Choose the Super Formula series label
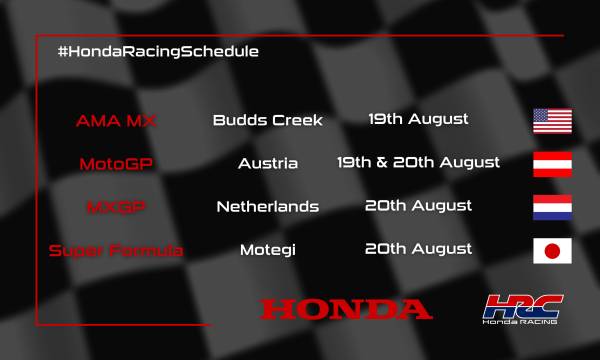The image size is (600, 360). pos(130,250)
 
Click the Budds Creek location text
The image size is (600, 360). pos(268,121)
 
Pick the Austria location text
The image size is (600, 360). pos(268,163)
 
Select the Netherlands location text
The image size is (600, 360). pos(268,207)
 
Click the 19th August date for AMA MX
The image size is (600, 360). pos(418,120)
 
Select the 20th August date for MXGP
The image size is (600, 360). pos(418,206)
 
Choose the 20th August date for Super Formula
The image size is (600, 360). pos(418,249)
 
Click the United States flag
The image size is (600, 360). pos(552,121)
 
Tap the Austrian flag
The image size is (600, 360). pos(552,163)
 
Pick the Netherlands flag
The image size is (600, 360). pos(552,206)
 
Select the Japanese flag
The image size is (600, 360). pos(552,250)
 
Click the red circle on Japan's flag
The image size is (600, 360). pos(552,250)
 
